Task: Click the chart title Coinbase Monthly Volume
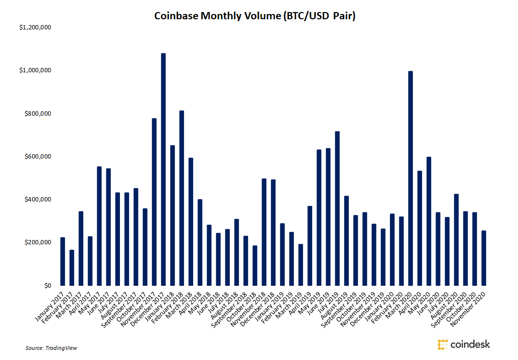tap(254, 16)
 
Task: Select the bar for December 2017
tap(163, 169)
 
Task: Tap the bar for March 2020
tap(411, 178)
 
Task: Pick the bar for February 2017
tap(72, 267)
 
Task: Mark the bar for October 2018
tap(255, 266)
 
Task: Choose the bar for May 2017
tap(99, 226)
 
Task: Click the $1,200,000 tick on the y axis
tap(35, 27)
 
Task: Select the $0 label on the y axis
tap(47, 286)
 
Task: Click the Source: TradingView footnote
tap(52, 347)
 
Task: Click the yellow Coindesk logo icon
tap(442, 345)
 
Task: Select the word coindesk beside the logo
tap(470, 344)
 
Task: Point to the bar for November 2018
tap(264, 232)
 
